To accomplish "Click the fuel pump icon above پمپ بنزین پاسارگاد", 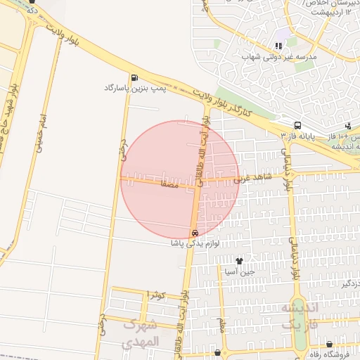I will (x=134, y=77).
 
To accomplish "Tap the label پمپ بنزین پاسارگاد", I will (x=134, y=88).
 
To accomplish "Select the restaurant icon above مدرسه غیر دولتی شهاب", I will (x=279, y=46).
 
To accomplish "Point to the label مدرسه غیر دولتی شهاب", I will (x=279, y=56).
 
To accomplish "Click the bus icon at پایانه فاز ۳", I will (x=298, y=125).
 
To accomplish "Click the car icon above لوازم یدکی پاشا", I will (x=195, y=233).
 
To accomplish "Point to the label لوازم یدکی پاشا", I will (x=195, y=243).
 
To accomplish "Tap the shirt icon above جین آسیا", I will (x=246, y=261).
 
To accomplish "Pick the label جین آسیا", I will (x=246, y=271).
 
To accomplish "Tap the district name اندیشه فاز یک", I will (x=300, y=316).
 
